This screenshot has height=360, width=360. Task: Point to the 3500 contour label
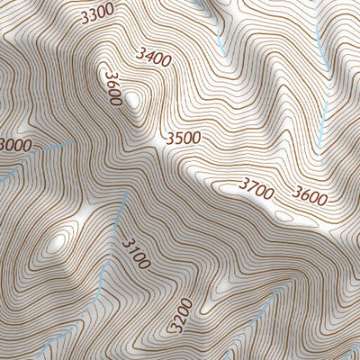tap(183, 139)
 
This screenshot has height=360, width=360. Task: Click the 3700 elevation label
tap(256, 185)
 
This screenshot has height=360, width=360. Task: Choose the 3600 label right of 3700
tap(310, 194)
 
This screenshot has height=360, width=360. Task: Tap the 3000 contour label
tap(13, 145)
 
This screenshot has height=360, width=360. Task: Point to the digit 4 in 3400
tap(147, 56)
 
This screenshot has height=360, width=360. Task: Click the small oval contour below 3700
tap(283, 216)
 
